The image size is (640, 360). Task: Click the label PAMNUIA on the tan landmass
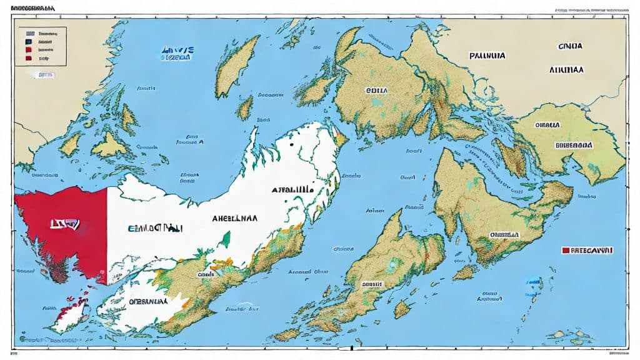pyautogui.click(x=486, y=55)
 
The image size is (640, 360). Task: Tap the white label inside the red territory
pyautogui.click(x=64, y=222)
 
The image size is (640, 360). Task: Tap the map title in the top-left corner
pyautogui.click(x=31, y=9)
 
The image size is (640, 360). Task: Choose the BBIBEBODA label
pyautogui.click(x=573, y=144)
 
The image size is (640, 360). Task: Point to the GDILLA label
pyautogui.click(x=376, y=90)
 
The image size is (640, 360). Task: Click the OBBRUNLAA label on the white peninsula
pyautogui.click(x=149, y=301)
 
